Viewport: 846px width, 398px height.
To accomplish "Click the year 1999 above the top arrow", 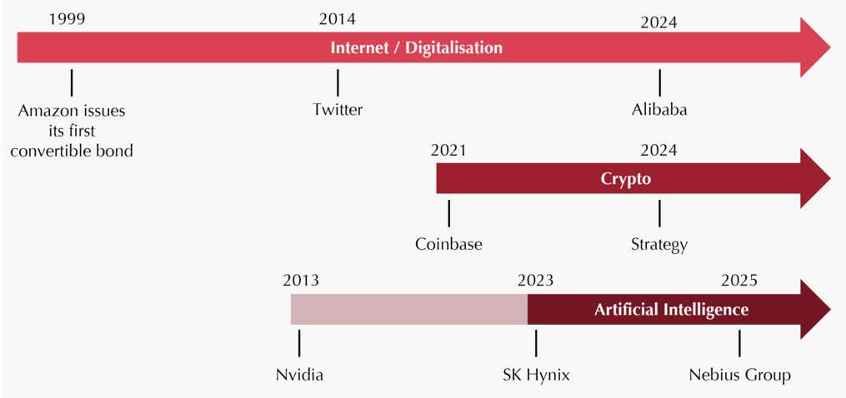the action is pos(67,19).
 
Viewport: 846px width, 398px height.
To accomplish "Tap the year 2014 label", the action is pos(338,19).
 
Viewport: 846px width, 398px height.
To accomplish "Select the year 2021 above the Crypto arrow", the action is pos(448,151).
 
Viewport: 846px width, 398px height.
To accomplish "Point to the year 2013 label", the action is pos(301,281).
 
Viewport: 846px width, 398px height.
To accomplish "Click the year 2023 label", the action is pos(535,281).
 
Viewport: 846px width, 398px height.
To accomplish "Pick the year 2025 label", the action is pos(739,281).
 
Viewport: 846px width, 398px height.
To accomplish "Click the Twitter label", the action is pos(338,110).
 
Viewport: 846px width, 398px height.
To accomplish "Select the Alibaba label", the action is pos(659,110).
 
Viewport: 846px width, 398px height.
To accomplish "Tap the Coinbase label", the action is pos(448,244).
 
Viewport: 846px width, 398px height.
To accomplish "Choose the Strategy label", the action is pos(659,245).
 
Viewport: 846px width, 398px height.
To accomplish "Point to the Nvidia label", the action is pos(299,375).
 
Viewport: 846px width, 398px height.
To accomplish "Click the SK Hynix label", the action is pos(535,376).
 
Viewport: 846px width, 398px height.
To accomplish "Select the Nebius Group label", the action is pos(739,376).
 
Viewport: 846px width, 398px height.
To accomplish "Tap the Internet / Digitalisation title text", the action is pos(416,47).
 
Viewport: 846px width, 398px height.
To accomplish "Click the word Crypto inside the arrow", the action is pos(626,179).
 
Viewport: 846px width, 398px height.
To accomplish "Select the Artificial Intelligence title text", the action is pos(671,310).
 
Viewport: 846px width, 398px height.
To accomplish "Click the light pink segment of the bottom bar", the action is pos(409,310).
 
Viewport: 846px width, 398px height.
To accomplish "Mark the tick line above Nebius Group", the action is pos(739,344).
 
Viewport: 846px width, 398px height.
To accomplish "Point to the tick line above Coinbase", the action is pos(448,213).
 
